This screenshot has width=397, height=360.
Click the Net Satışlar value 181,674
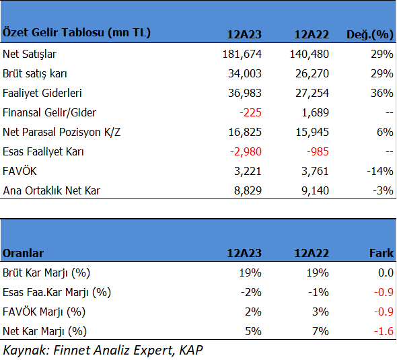coord(242,54)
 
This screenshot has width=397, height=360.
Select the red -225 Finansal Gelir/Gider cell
coord(250,112)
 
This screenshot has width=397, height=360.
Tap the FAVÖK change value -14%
coord(380,171)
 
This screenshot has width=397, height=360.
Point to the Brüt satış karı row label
coord(35,73)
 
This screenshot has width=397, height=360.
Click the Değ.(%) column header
coord(370,34)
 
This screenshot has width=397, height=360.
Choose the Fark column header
coord(382,253)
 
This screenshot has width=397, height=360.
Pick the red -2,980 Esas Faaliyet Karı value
coord(246,151)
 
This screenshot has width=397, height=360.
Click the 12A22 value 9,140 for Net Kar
coord(315,190)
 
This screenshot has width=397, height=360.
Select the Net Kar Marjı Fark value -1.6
coord(384,331)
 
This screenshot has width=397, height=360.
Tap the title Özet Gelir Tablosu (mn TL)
coord(77,32)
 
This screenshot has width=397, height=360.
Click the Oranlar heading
coord(23,253)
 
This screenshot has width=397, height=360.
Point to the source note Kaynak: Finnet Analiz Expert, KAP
coord(103,351)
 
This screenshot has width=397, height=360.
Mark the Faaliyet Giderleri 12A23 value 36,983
coord(244,93)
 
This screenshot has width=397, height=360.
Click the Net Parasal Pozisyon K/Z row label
coord(61,132)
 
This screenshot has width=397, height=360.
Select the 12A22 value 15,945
coord(312,132)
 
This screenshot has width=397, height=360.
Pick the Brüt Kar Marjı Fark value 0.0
coord(386,273)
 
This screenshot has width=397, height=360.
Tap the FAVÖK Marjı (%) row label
coord(44,312)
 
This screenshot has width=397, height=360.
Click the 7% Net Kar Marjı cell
coord(320,331)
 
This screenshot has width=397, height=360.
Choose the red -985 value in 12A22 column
coord(318,151)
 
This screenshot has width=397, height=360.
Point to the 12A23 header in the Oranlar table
coord(244,253)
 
